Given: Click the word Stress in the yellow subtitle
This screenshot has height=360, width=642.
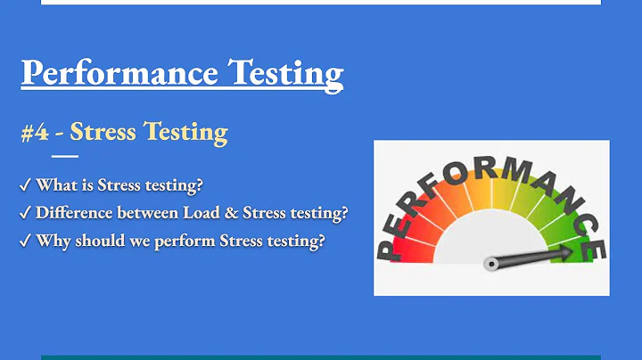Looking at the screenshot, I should [102, 133].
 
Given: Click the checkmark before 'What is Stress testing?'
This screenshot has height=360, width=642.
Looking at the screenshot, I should [25, 185].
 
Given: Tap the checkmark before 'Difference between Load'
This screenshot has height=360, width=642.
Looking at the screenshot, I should [25, 213].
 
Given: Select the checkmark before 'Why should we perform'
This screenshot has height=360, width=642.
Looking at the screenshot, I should [25, 241].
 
